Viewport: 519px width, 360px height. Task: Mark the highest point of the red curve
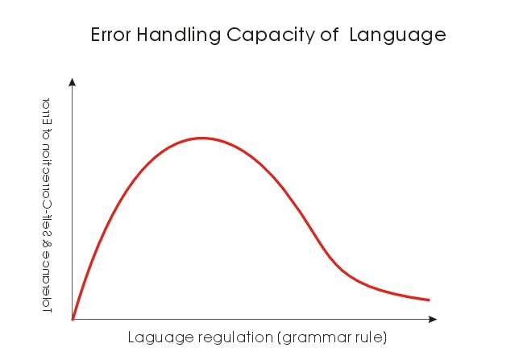pyautogui.click(x=201, y=138)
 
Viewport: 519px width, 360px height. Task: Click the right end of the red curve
pyautogui.click(x=429, y=300)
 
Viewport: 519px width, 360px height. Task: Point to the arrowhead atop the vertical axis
pyautogui.click(x=73, y=81)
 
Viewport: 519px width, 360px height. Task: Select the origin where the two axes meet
pyautogui.click(x=73, y=320)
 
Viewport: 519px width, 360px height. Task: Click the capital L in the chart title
pyautogui.click(x=355, y=35)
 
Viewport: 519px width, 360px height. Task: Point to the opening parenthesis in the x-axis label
pyautogui.click(x=280, y=337)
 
